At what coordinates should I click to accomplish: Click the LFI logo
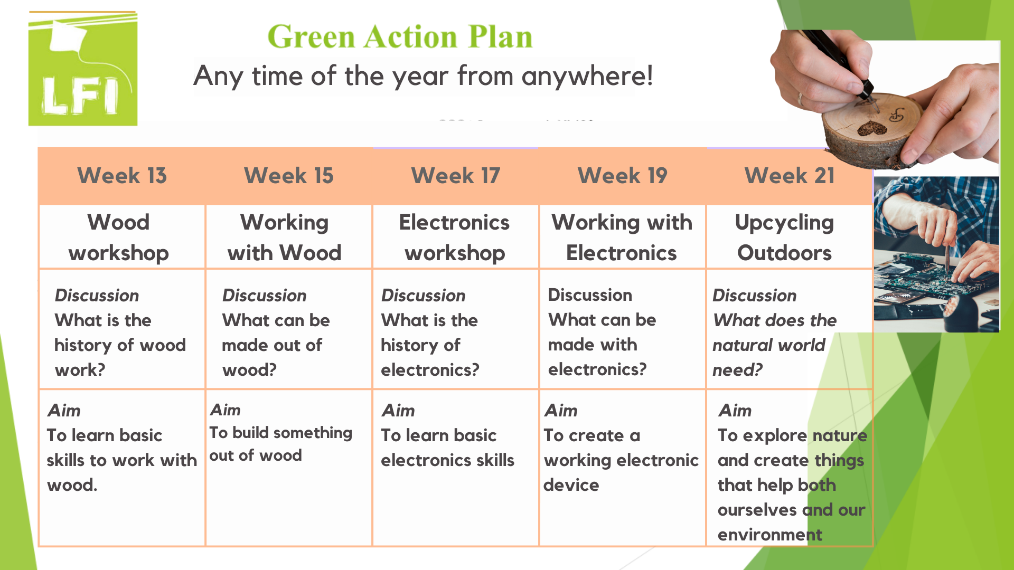click(x=83, y=69)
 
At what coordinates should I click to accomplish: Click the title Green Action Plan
click(x=400, y=36)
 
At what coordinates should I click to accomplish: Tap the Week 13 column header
click(x=122, y=176)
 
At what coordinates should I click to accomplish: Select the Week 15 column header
click(x=289, y=176)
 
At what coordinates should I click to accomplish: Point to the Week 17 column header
click(x=456, y=176)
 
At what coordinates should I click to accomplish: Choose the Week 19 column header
click(x=623, y=176)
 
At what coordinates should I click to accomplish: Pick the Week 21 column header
click(x=790, y=176)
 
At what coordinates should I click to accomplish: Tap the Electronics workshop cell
click(x=455, y=237)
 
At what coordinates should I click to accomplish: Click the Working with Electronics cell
click(x=622, y=237)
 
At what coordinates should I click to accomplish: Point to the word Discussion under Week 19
click(x=590, y=294)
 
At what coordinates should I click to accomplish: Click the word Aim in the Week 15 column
click(x=225, y=410)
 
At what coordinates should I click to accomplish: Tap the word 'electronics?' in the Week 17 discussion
click(x=430, y=369)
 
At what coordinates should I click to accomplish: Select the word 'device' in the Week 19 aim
click(x=571, y=484)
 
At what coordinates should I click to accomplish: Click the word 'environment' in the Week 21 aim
click(x=769, y=535)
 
